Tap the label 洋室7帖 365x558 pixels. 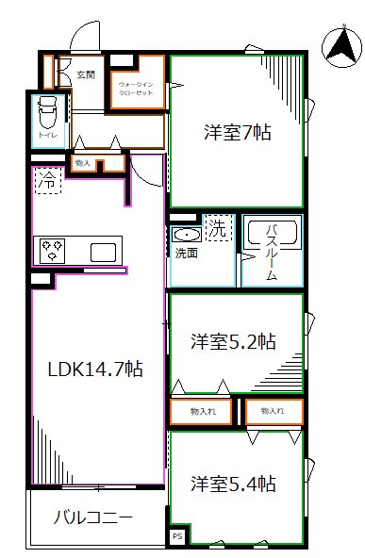click(238, 133)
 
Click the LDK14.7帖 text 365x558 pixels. click(95, 370)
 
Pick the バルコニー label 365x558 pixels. click(91, 517)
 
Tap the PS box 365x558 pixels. click(176, 536)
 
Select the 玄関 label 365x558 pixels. click(86, 73)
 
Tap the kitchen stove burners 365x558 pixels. click(49, 251)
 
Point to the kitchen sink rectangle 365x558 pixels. click(103, 253)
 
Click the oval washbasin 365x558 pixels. click(187, 236)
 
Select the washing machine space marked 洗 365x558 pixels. click(217, 227)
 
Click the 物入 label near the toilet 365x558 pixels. click(83, 163)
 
